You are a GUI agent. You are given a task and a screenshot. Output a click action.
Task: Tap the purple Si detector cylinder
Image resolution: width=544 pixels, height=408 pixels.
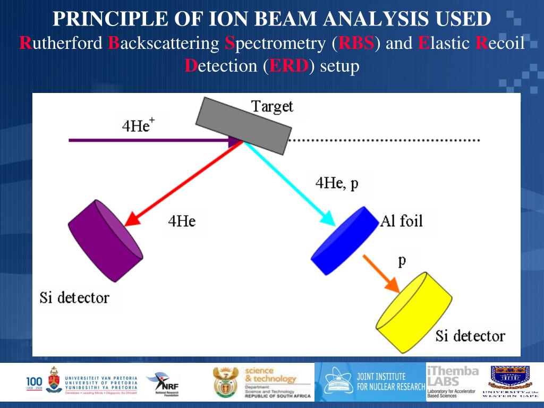click(x=105, y=241)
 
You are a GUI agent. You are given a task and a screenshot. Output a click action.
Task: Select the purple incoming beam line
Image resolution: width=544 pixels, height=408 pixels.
click(x=149, y=140)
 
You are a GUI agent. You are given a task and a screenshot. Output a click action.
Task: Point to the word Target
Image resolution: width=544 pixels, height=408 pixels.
click(x=272, y=106)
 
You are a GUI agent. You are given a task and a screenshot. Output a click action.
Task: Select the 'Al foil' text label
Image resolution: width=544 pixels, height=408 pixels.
click(x=402, y=220)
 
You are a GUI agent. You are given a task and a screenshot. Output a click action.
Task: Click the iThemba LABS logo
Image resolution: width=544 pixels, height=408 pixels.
click(x=452, y=381)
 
